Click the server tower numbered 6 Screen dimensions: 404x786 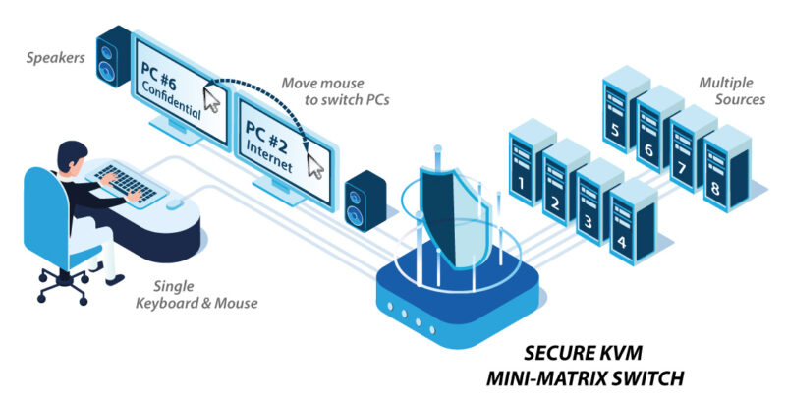click(x=649, y=133)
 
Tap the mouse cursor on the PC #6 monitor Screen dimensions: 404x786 click(x=211, y=97)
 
